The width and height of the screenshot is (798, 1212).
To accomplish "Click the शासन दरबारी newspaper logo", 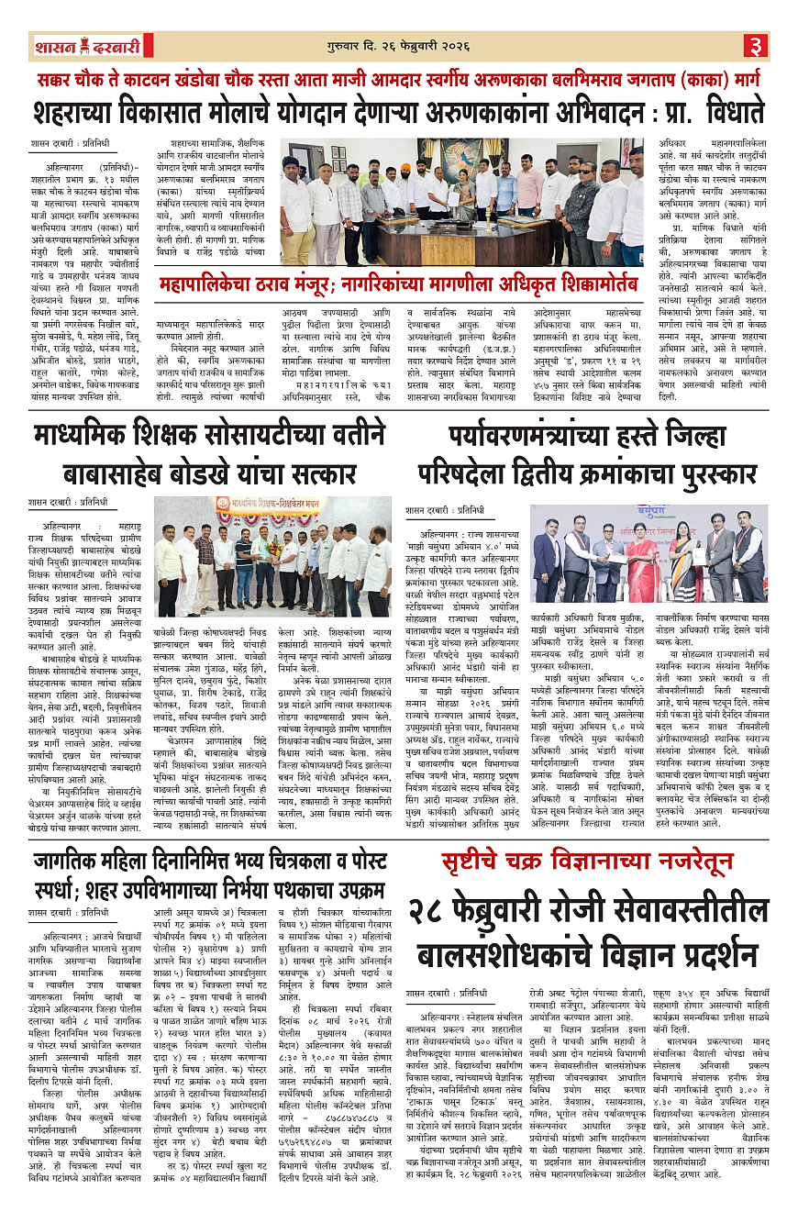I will (88, 45).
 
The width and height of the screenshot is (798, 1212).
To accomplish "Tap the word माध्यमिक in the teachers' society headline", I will (87, 437).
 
